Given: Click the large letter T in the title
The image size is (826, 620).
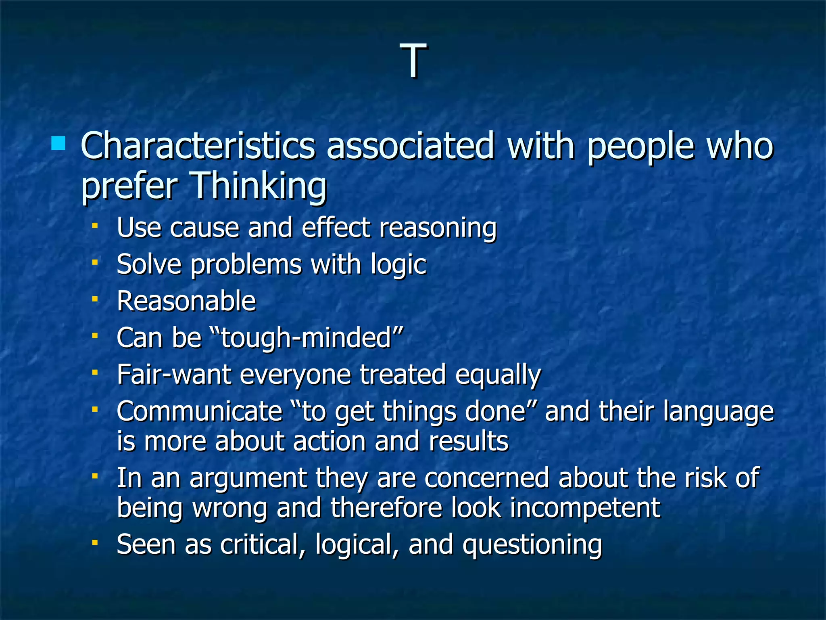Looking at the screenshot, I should (x=413, y=61).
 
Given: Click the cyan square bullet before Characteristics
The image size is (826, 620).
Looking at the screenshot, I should (x=58, y=143).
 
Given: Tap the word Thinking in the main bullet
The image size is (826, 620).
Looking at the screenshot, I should (x=259, y=186).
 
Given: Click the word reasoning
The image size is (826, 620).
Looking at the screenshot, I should (x=438, y=228).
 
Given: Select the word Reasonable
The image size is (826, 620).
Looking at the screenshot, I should (x=186, y=301).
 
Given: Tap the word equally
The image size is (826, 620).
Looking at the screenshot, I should (x=498, y=375).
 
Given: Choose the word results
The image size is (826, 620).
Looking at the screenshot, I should (x=469, y=441).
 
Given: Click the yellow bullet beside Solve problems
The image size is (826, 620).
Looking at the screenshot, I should (x=95, y=263).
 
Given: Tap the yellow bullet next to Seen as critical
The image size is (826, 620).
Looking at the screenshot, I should (x=95, y=543).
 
